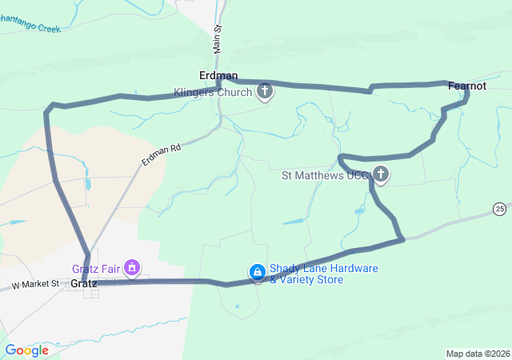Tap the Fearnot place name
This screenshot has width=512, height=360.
[x=467, y=85]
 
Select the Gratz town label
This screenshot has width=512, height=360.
[x=83, y=283]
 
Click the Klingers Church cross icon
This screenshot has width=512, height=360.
[x=265, y=93]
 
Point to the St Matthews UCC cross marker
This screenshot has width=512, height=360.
[x=382, y=174]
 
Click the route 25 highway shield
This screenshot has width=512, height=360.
[x=499, y=208]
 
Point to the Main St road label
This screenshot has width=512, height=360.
[x=217, y=38]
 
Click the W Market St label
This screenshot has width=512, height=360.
[x=35, y=284]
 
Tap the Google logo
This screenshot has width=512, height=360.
[x=26, y=350]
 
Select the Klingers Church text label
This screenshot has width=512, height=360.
[x=214, y=92]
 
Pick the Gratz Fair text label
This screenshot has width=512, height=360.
[x=96, y=269]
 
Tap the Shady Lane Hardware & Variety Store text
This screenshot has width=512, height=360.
[x=323, y=274]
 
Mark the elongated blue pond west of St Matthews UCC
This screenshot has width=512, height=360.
[x=293, y=221]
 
